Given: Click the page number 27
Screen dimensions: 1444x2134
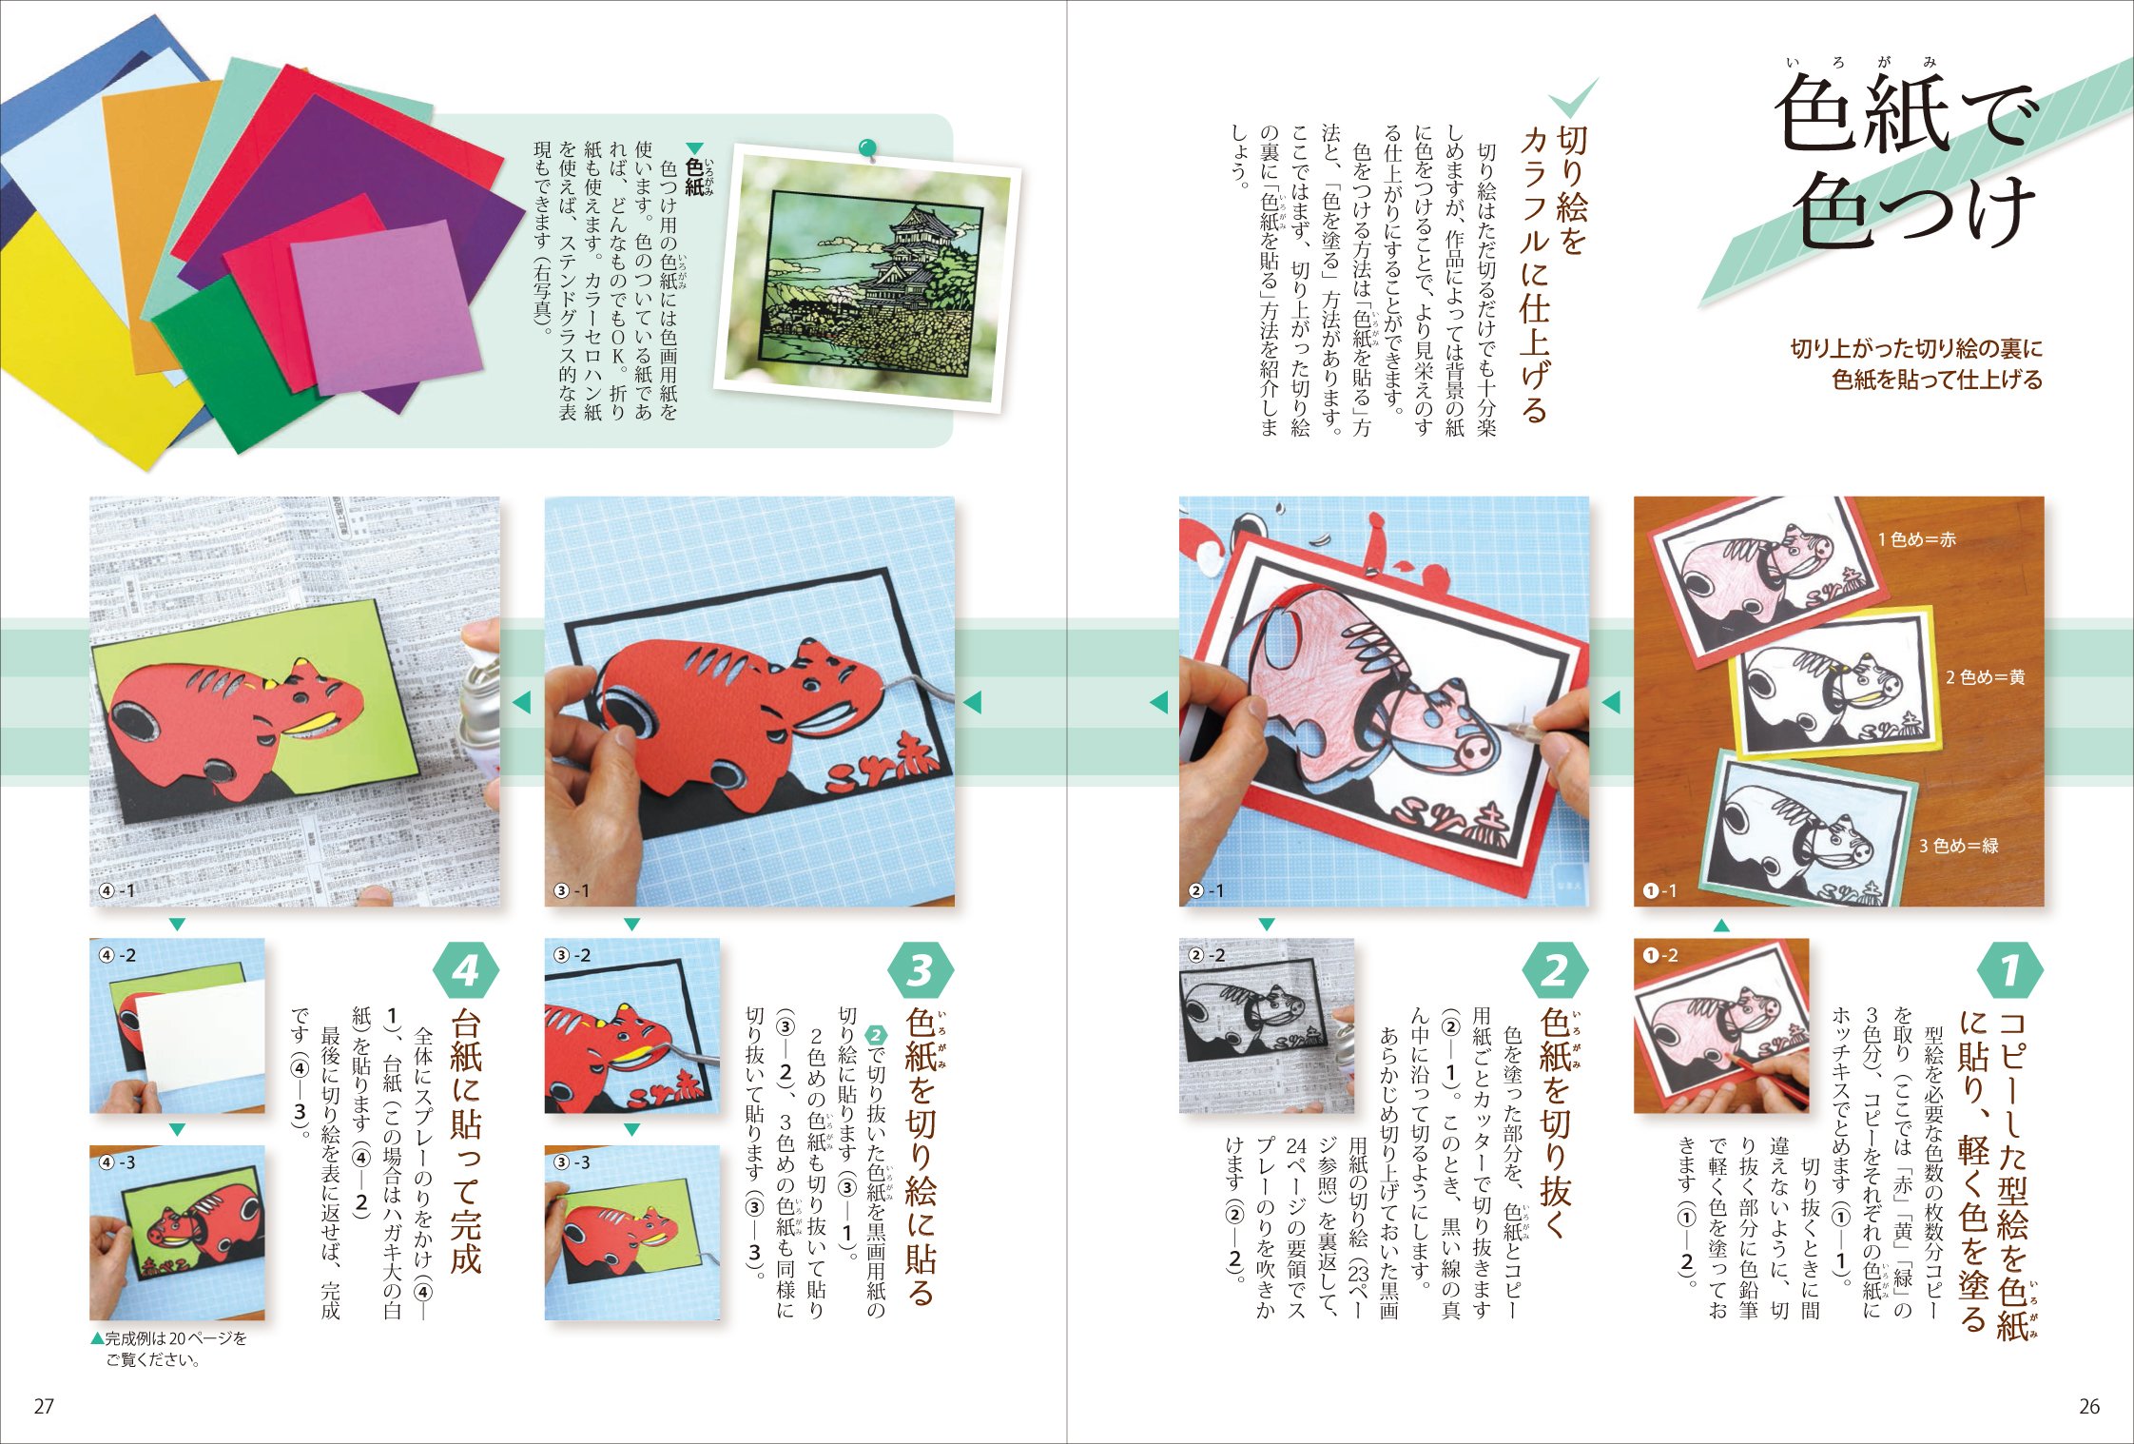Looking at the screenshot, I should tap(44, 1406).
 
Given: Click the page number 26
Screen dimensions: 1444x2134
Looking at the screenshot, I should tap(2088, 1406).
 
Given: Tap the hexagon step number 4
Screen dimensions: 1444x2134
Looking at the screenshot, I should tap(465, 971).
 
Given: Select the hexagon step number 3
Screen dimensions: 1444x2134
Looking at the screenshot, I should tap(920, 971).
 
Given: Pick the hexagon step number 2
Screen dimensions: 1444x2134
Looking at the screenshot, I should tap(1554, 971).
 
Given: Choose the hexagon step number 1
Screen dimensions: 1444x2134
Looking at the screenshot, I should tap(2008, 971).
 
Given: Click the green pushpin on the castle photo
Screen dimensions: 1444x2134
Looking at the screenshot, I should tap(867, 149).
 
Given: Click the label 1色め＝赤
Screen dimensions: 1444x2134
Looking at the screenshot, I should tap(1916, 539).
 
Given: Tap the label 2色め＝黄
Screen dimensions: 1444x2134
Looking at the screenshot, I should tap(1985, 677).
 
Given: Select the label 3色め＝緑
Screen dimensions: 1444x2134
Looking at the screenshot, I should tap(1958, 846).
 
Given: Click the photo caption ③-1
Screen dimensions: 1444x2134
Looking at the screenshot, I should tap(572, 890).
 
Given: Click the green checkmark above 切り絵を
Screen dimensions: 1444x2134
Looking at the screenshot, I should tap(1573, 101).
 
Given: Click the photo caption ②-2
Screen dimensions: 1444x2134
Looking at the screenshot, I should tap(1207, 955).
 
